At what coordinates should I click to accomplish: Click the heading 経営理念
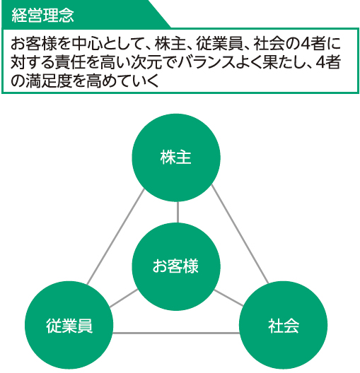[x=42, y=16]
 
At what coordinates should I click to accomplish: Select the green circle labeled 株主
[x=176, y=158]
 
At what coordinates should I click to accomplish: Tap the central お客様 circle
[x=176, y=266]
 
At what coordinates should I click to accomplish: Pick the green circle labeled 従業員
[x=69, y=325]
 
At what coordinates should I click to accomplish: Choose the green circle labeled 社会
[x=284, y=325]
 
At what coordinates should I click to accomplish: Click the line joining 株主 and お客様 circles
[x=178, y=212]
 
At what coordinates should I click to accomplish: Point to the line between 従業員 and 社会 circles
[x=176, y=333]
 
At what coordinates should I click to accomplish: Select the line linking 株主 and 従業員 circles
[x=116, y=237]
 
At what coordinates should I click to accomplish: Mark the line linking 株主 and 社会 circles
[x=240, y=235]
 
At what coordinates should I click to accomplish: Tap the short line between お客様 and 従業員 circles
[x=124, y=298]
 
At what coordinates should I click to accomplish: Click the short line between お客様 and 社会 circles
[x=229, y=297]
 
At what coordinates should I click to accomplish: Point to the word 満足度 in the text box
[x=49, y=81]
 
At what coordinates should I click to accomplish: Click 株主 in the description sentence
[x=170, y=44]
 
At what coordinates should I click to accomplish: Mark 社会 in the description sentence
[x=269, y=44]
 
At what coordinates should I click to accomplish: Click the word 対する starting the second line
[x=33, y=62]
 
